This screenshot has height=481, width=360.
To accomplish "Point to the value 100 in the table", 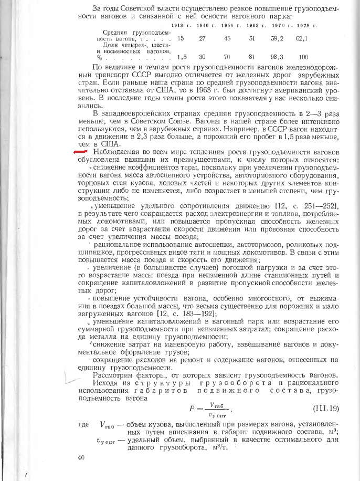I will (303, 57).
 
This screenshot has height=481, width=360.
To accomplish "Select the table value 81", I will (252, 57).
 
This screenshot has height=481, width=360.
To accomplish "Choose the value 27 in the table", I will (203, 39).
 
